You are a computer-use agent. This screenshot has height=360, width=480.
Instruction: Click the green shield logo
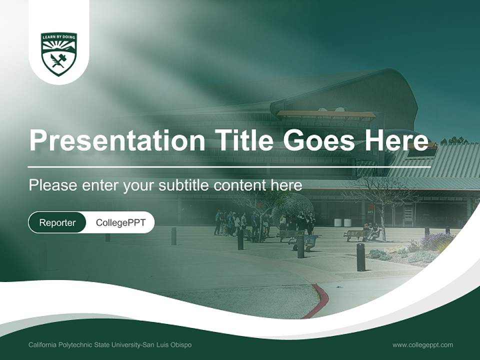click(59, 54)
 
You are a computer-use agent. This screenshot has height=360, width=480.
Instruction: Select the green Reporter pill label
click(57, 222)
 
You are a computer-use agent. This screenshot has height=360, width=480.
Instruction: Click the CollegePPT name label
click(120, 222)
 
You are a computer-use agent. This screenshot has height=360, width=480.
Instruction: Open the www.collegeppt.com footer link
click(422, 345)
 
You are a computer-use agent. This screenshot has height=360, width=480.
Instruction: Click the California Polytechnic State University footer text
click(110, 345)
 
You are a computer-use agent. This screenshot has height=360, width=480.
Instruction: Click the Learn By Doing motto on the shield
click(59, 37)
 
